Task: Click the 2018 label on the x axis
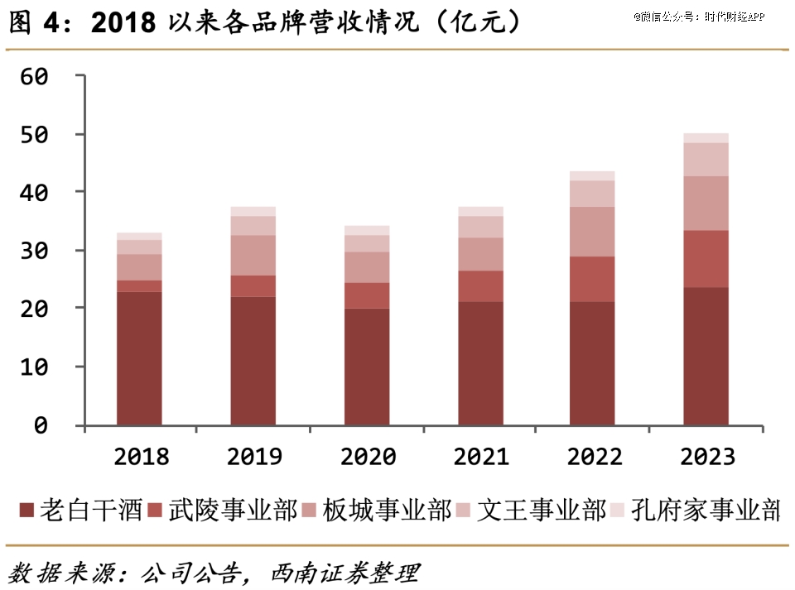140,456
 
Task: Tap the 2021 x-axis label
480,456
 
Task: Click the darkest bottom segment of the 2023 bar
706,356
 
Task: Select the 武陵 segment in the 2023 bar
706,259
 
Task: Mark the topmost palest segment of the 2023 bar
706,138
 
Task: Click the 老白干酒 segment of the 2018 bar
139,358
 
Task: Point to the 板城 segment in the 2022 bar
592,232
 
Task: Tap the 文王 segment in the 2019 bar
253,226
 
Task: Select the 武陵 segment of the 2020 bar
366,295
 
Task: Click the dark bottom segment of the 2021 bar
480,363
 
